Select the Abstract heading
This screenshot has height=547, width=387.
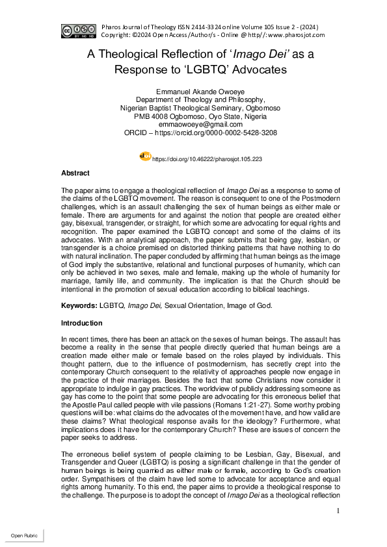[x=75, y=173]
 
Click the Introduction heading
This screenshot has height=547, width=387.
[x=82, y=323]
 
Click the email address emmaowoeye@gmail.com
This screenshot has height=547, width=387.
[x=200, y=124]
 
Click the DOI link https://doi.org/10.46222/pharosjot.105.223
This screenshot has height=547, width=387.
[x=207, y=158]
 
